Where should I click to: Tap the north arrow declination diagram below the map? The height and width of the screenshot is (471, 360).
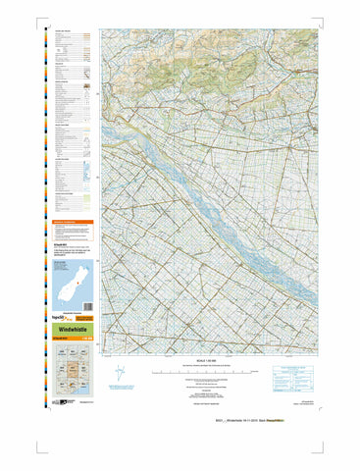coord(119,375)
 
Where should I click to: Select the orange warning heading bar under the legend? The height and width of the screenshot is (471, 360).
coord(72,223)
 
